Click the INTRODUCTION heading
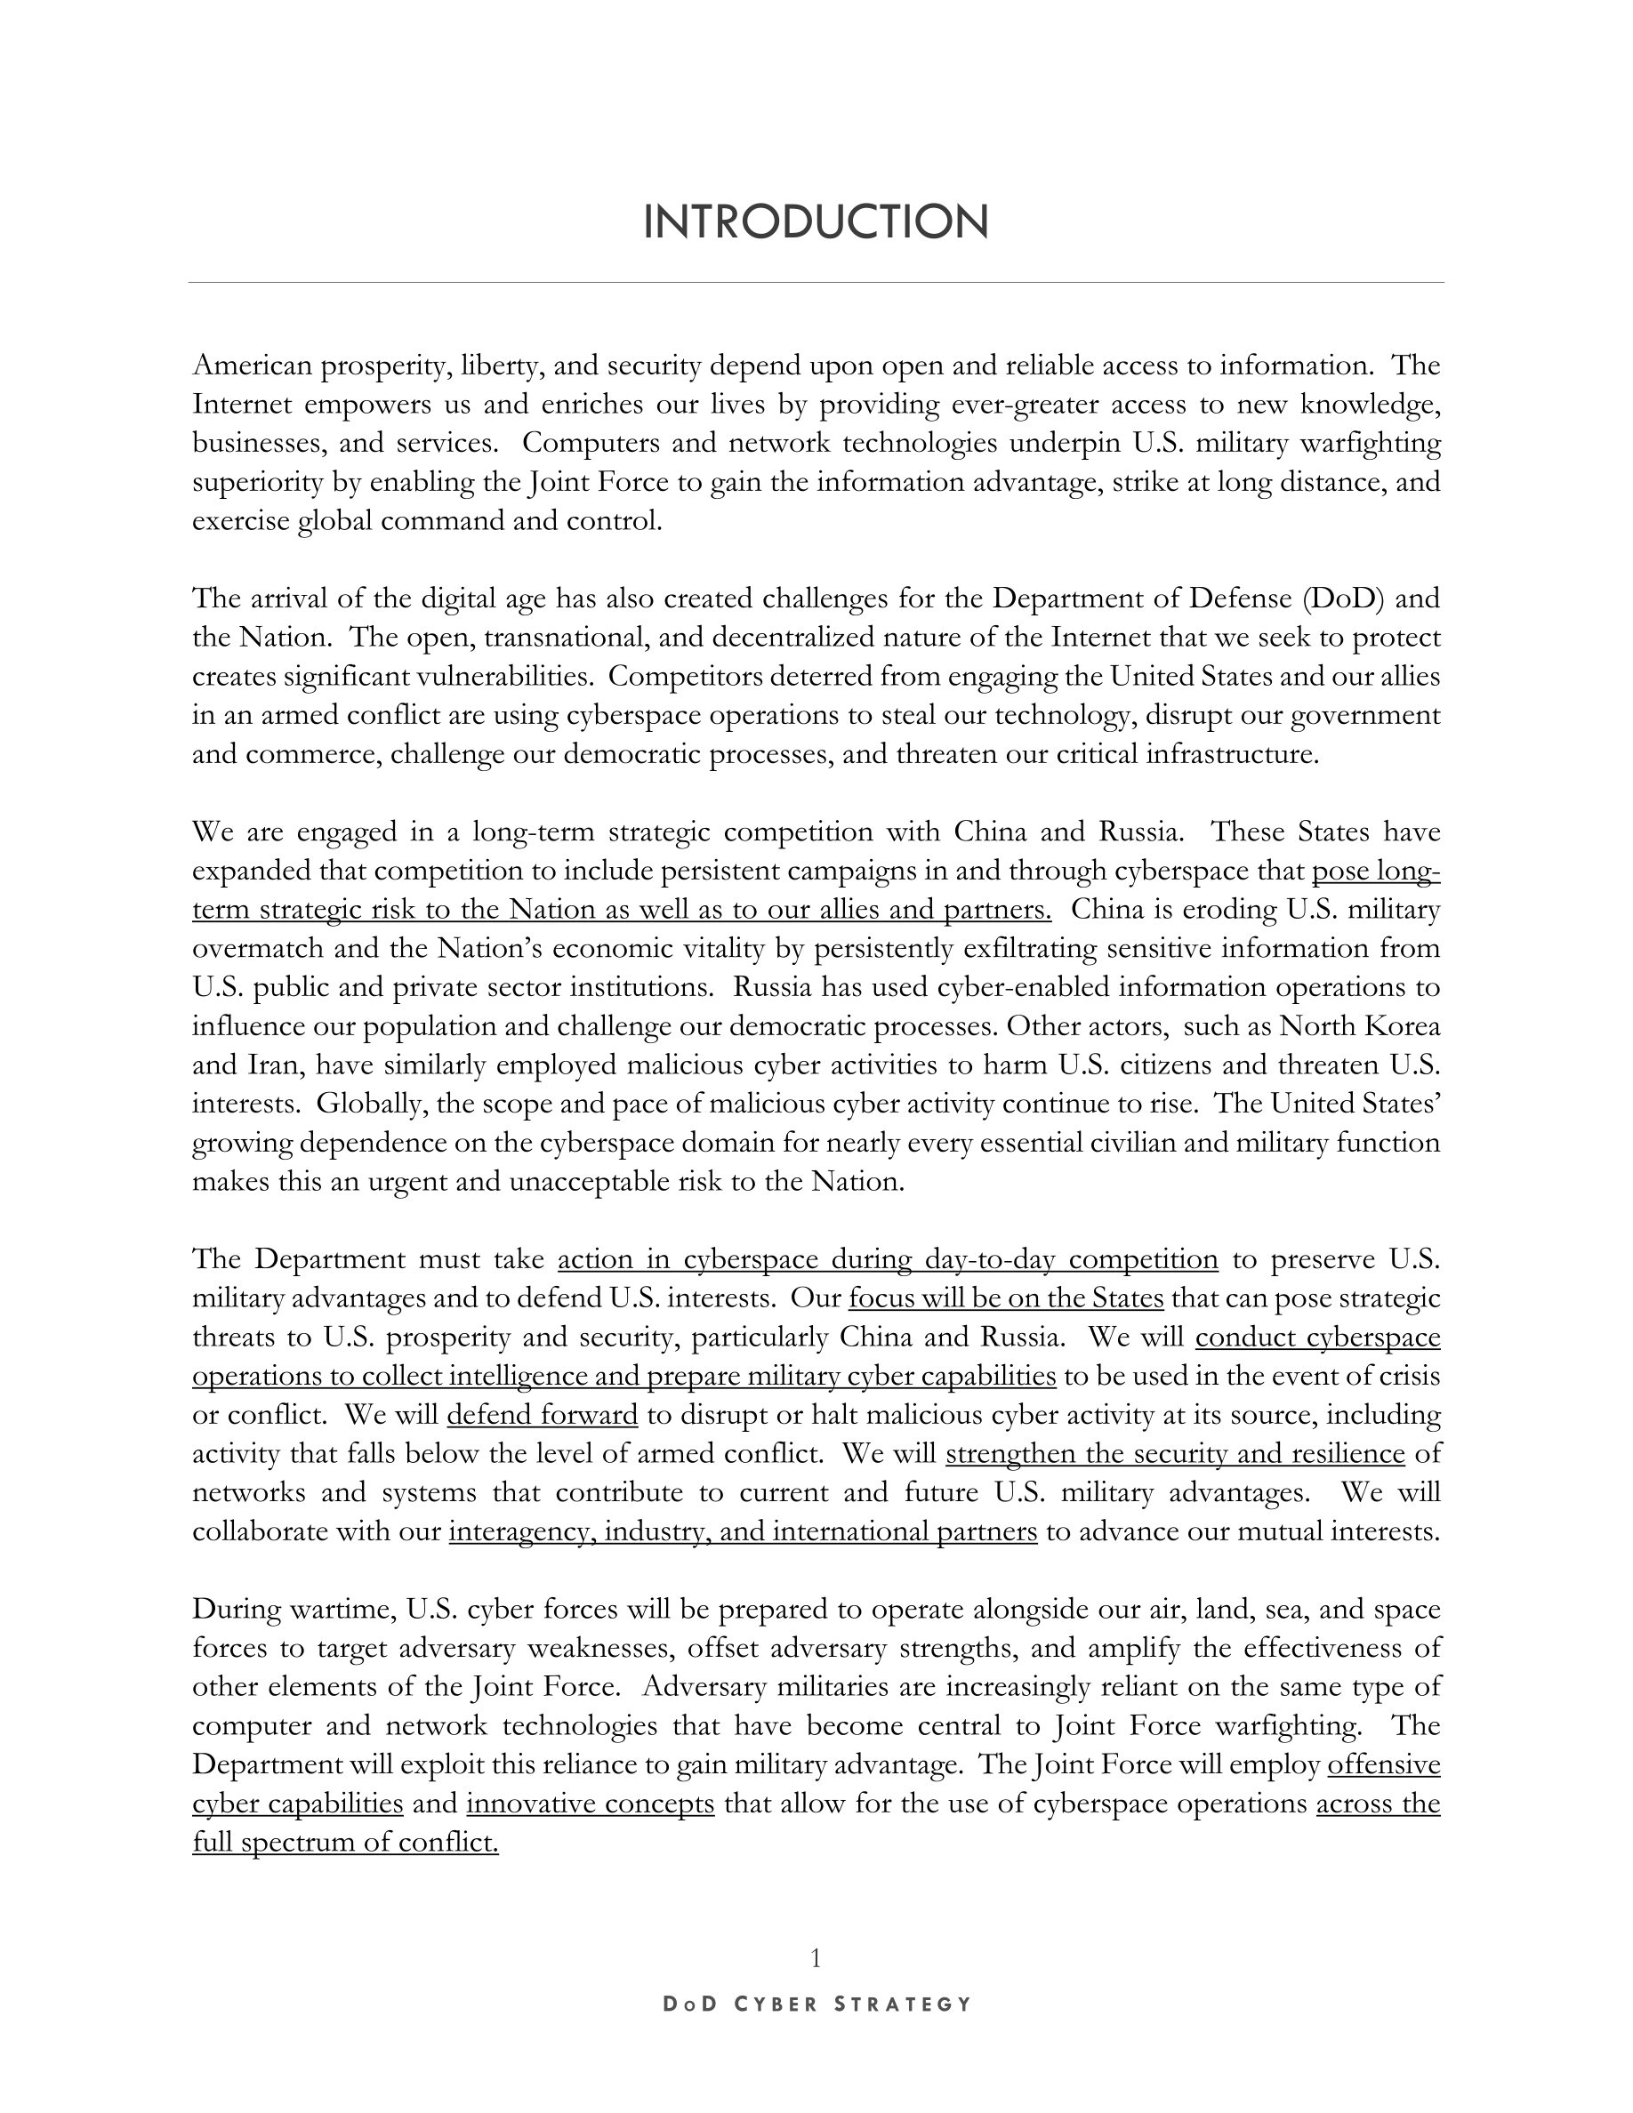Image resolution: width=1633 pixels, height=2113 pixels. [816, 222]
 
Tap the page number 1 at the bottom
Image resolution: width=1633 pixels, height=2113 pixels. [816, 1958]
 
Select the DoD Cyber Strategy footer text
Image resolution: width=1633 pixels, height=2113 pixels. [816, 2004]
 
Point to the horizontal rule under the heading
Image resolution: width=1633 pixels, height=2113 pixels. [816, 283]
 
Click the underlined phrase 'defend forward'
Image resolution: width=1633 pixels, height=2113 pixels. [542, 1416]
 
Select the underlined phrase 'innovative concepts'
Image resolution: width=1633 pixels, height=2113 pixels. [590, 1804]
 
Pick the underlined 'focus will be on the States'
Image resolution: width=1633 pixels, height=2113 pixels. [1005, 1298]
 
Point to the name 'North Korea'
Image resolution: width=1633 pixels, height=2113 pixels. [1359, 1025]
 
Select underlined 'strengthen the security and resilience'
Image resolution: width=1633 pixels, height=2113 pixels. [1174, 1454]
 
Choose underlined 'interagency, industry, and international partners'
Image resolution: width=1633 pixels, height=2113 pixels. [742, 1532]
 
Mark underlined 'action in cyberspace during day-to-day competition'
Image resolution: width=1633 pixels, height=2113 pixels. [887, 1259]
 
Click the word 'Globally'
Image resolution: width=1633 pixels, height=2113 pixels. [357, 1104]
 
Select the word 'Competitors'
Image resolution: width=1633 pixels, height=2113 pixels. [683, 676]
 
